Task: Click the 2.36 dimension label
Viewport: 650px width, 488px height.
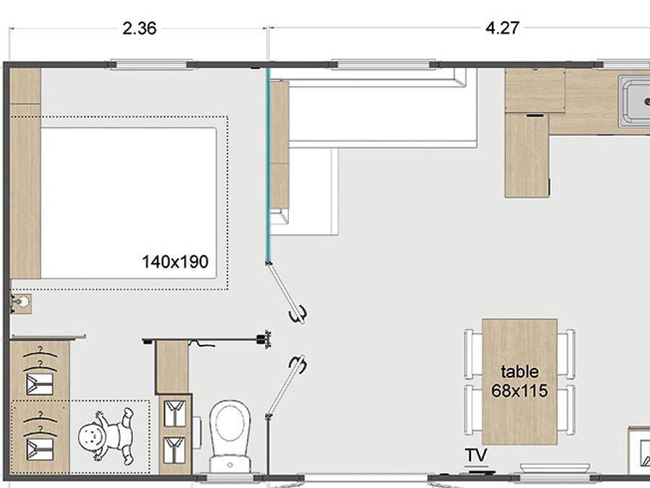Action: (x=139, y=29)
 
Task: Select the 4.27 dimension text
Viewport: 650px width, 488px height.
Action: (x=503, y=29)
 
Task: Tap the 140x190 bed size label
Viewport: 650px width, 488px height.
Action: (x=175, y=262)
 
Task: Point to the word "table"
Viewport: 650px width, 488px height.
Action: (x=519, y=372)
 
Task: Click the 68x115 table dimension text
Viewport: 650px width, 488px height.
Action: (x=519, y=391)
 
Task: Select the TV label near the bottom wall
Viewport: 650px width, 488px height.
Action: (x=475, y=455)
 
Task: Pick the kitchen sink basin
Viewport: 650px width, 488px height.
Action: (x=636, y=102)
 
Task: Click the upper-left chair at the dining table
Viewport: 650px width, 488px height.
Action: (x=470, y=354)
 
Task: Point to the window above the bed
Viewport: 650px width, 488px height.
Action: (x=151, y=65)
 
